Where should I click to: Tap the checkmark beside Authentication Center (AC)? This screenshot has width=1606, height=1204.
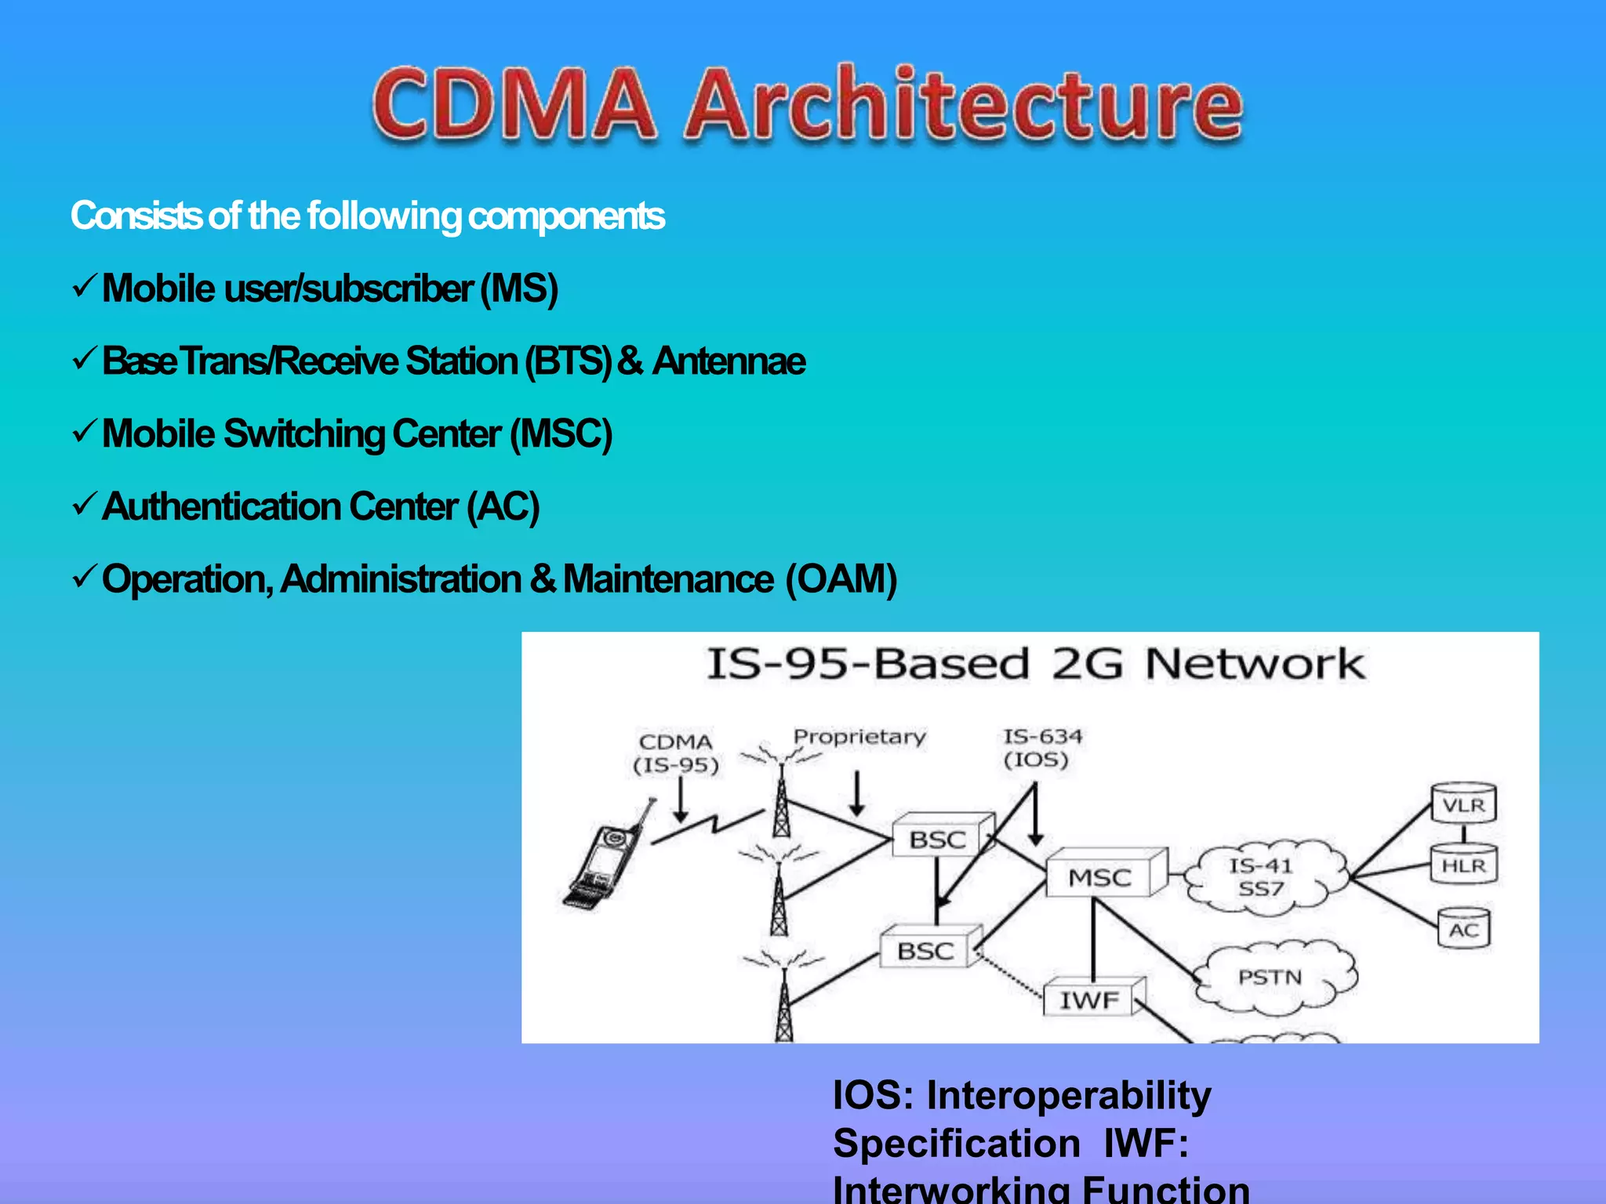point(84,505)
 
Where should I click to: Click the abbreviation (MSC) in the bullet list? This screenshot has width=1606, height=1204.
point(561,433)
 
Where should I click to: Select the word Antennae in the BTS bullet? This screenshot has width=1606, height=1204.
point(729,361)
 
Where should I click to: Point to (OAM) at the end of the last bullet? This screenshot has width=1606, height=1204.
point(841,579)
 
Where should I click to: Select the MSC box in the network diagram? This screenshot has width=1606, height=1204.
point(1100,876)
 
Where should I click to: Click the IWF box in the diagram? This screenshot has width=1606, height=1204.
point(1090,999)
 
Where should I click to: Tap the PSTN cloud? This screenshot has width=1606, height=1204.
point(1270,977)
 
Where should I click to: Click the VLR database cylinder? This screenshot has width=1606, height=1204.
point(1463,804)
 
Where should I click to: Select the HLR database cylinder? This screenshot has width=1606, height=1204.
point(1463,865)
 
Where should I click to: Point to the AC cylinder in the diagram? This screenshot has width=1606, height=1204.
point(1463,930)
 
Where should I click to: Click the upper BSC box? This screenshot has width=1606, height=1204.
point(938,840)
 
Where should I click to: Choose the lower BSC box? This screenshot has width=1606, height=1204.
point(925,951)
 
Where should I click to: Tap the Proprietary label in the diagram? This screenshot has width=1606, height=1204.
point(859,737)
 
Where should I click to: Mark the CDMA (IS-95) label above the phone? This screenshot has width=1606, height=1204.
point(676,753)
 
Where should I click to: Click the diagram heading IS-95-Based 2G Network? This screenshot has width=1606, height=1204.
point(1035,664)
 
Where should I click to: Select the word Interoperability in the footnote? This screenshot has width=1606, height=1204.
point(1068,1095)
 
